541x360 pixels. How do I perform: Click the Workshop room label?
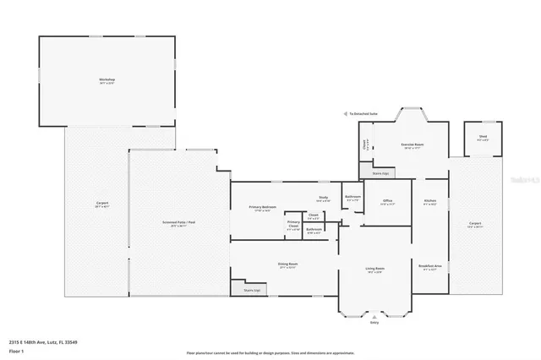pos(107,79)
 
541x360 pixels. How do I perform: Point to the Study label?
pos(323,199)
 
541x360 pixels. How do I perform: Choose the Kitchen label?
pos(429,201)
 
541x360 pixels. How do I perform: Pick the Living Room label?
pos(374,270)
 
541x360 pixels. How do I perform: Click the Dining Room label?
pos(287,264)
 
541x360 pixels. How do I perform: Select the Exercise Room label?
pos(412,145)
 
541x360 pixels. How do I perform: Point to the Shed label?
pos(482,137)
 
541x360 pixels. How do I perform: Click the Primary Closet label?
pos(293,226)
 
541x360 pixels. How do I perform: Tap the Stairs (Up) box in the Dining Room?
pos(252,290)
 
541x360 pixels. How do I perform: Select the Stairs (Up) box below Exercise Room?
pos(380,173)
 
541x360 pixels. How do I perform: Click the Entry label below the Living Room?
pos(374,321)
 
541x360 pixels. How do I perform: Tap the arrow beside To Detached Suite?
pos(345,113)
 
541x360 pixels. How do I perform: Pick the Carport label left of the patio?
pos(101,204)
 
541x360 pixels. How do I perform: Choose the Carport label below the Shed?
pos(474,224)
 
